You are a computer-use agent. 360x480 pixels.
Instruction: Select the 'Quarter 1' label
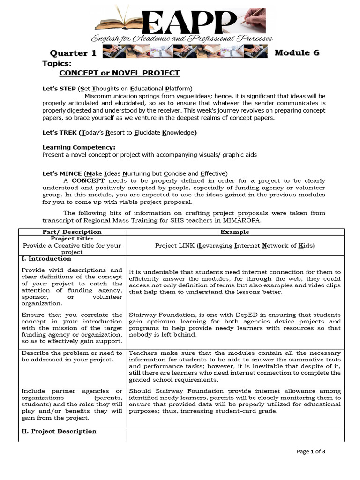pos(73,53)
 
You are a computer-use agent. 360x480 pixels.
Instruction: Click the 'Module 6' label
pos(297,52)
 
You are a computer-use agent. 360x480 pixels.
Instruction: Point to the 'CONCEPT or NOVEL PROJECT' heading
pos(119,73)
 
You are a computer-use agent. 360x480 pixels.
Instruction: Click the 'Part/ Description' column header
pos(72,232)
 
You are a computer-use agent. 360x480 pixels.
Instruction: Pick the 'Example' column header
pos(235,232)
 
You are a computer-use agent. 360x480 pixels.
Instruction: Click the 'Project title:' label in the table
pos(72,239)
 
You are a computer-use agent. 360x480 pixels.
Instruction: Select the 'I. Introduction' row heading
pos(46,259)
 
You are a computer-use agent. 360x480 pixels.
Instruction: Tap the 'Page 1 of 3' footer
pos(311,451)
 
